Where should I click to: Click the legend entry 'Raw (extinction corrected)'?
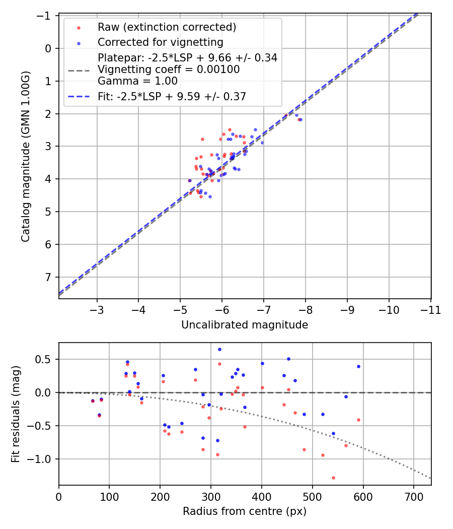167,27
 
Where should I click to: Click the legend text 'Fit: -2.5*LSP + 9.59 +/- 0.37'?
172,97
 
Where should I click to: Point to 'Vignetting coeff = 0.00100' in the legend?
169,70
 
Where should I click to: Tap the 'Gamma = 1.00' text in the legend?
137,81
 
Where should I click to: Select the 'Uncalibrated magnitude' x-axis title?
245,325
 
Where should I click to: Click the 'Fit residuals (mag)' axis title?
16,414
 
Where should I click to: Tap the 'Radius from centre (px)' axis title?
245,511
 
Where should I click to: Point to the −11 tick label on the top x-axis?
430,310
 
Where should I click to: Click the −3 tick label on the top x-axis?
97,310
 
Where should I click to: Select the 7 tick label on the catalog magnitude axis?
49,277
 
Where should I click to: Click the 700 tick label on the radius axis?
413,496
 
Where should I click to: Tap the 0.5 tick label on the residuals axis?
45,360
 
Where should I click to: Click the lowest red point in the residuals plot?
333,478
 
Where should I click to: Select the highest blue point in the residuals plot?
219,349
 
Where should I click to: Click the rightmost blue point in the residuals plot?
358,366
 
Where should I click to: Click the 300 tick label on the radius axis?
211,496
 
